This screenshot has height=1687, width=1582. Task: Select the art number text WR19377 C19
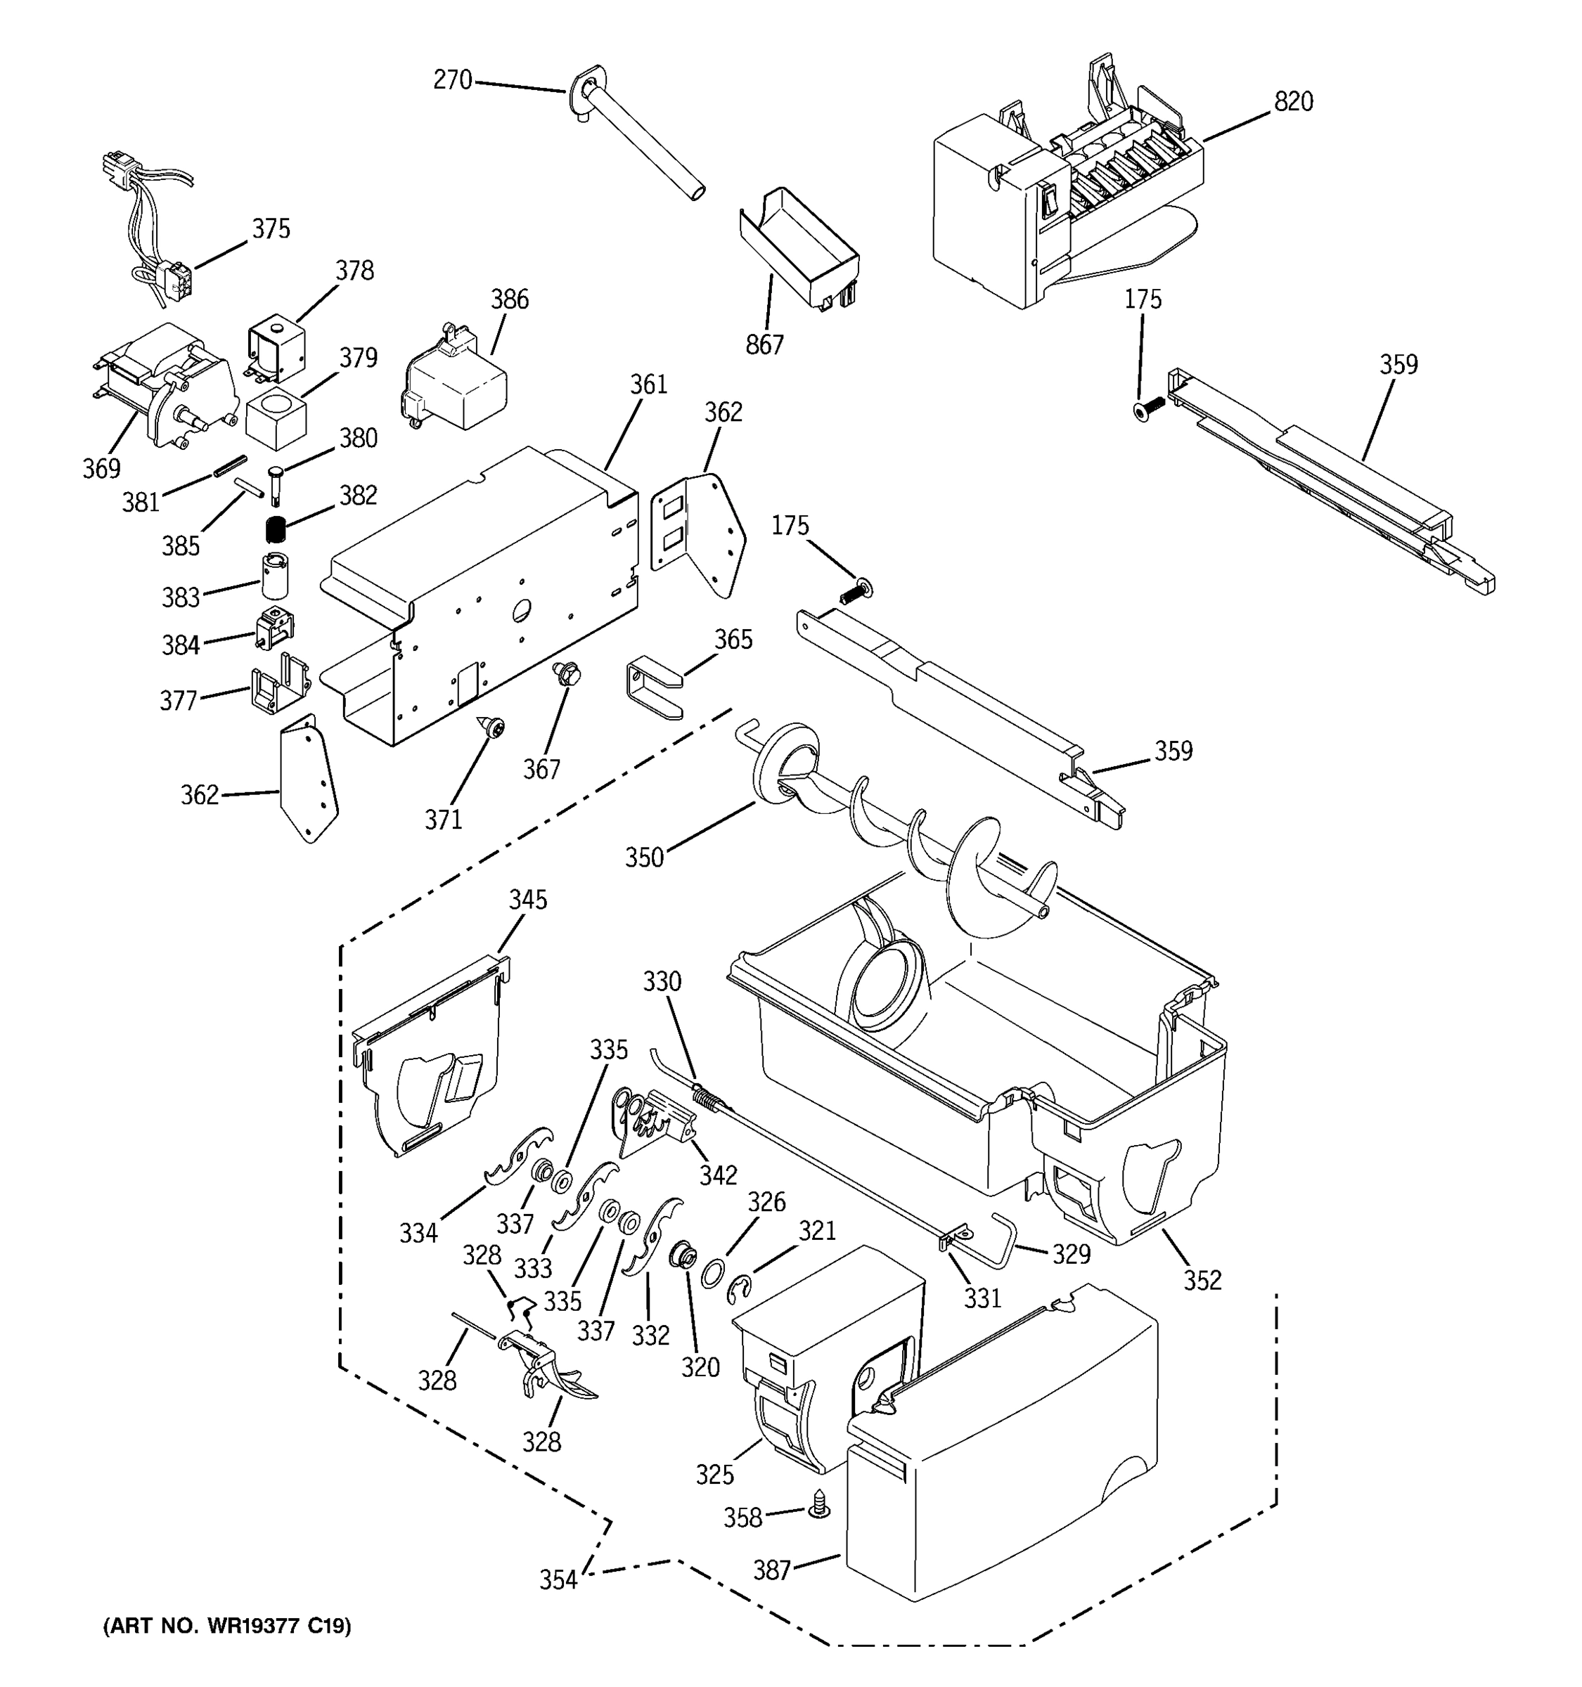[x=226, y=1626]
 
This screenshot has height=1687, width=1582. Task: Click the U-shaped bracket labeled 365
[x=653, y=687]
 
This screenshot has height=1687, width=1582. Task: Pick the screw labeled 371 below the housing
[x=491, y=725]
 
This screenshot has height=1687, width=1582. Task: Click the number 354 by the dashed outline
[x=558, y=1579]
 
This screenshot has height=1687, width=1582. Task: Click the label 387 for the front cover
[x=772, y=1571]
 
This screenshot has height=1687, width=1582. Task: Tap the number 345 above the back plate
[x=528, y=900]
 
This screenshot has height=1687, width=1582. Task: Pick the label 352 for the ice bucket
[x=1202, y=1280]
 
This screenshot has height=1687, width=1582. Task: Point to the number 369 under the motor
[x=101, y=467]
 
